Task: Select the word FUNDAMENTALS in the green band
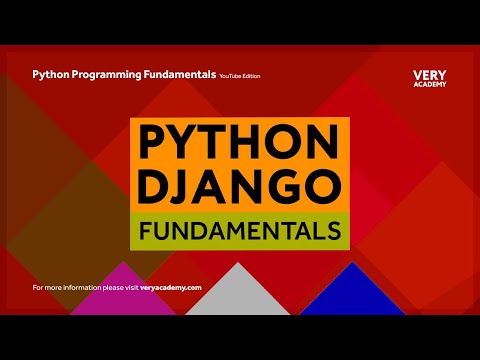pos(240,232)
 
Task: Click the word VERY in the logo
pos(430,75)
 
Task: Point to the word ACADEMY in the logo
pos(430,84)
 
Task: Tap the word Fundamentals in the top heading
pos(182,75)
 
